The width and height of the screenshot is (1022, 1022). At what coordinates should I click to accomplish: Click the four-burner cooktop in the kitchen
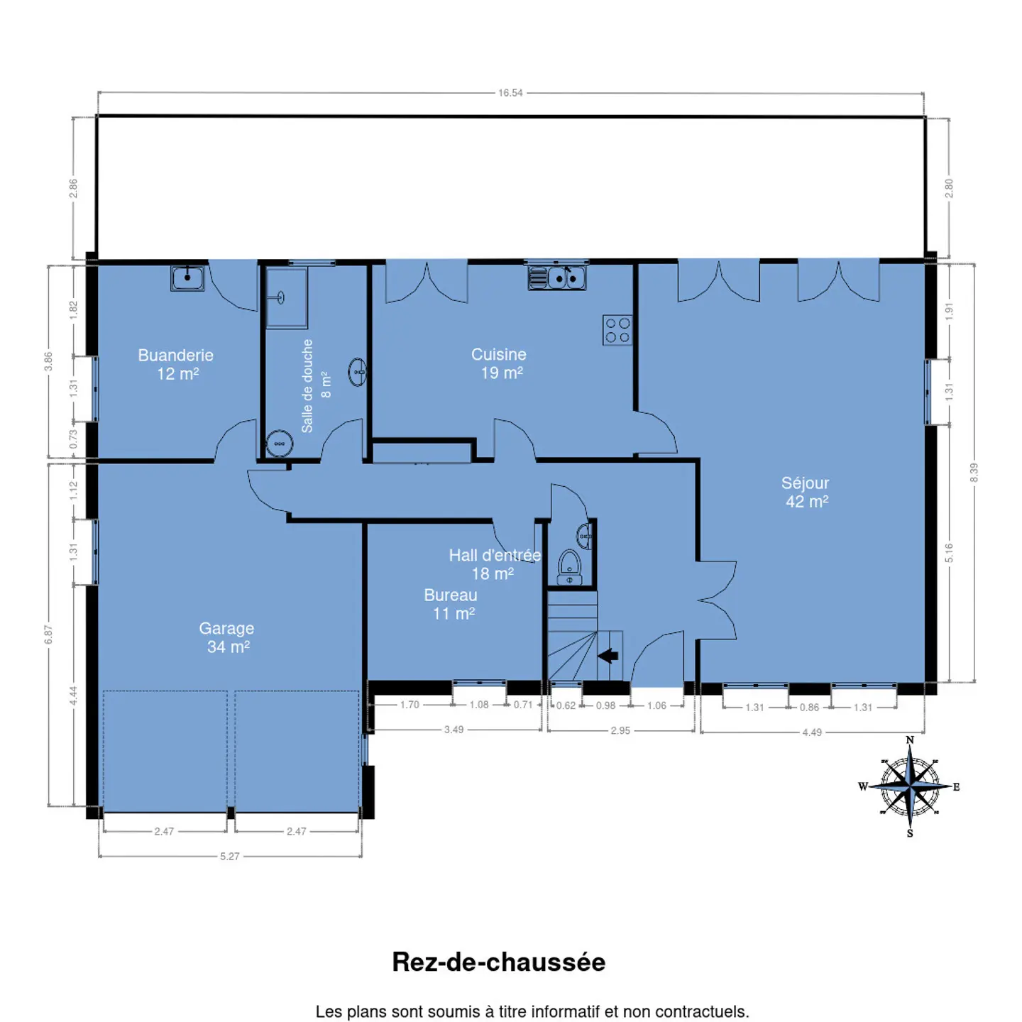coord(617,330)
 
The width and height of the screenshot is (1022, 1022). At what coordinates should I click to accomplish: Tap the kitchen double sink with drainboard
coord(557,277)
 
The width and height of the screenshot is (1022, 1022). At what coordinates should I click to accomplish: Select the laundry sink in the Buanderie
coord(187,278)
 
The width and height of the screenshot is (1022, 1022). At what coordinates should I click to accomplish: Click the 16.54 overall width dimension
coord(510,93)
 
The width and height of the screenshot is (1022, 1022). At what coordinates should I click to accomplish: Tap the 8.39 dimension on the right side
coord(974,473)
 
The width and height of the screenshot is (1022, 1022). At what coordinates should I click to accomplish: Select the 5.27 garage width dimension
coord(230,856)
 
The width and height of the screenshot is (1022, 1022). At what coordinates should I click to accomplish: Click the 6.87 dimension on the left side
coord(48,634)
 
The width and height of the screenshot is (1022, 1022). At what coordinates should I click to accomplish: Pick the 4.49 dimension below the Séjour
coord(812,732)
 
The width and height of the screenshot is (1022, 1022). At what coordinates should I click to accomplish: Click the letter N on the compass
coord(910,740)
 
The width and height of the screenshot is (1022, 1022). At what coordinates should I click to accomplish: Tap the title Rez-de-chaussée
coord(498,962)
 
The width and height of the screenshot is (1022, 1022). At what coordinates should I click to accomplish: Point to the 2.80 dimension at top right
coord(949,188)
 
